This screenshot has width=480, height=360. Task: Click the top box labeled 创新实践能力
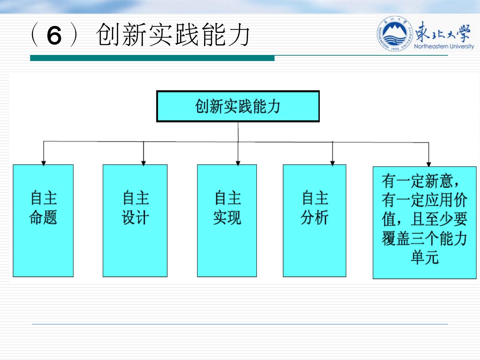[238, 106]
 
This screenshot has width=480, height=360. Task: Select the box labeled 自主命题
[43, 220]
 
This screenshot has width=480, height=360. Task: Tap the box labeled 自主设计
[135, 220]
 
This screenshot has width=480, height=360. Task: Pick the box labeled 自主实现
[227, 220]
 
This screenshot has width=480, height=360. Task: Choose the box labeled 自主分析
[314, 220]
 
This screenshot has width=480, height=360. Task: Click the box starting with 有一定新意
[424, 222]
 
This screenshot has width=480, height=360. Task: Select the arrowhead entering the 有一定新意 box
[429, 164]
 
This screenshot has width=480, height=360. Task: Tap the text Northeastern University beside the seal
[444, 46]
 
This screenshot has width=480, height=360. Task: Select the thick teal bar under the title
[152, 58]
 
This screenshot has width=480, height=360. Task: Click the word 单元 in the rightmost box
[424, 257]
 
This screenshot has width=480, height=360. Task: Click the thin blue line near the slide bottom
[240, 324]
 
